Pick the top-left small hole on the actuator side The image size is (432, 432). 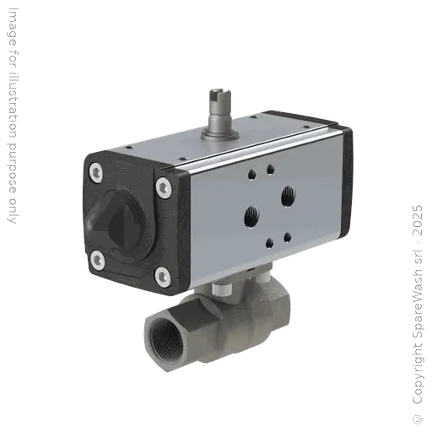point(250,177)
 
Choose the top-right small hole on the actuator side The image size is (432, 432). point(269,169)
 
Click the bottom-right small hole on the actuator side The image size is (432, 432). point(288,235)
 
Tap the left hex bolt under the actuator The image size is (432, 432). point(218,290)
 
